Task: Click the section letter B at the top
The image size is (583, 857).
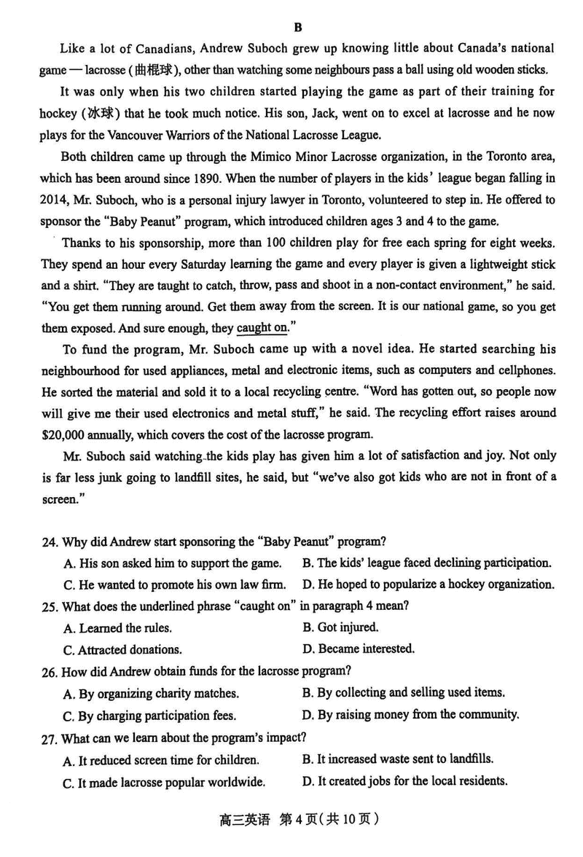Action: [x=297, y=27]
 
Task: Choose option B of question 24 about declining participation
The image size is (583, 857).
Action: [x=426, y=563]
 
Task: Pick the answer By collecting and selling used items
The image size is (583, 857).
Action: [x=403, y=692]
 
